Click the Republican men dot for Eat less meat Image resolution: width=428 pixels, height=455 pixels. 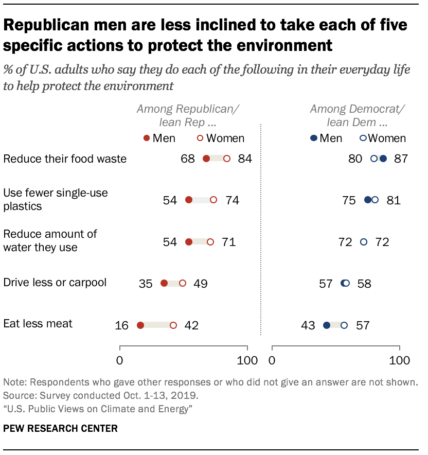coord(140,325)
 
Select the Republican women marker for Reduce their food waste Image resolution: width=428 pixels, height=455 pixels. coord(227,159)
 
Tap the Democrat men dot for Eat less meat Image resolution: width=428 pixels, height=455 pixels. coord(327,325)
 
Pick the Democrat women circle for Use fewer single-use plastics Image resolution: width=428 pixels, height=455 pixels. coord(375,200)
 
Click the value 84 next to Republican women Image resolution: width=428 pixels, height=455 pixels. coord(245,159)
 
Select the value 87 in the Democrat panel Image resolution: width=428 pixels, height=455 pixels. coord(401,159)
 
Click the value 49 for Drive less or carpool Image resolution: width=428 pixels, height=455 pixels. coord(200,284)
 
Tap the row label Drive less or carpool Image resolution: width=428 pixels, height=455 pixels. coord(55,283)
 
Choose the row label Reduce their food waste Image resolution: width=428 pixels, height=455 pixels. coord(65,159)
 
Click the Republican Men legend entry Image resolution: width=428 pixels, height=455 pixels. coord(159,138)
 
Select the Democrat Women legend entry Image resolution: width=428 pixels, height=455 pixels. coord(383,138)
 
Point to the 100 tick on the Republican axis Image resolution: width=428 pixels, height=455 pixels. coord(247,360)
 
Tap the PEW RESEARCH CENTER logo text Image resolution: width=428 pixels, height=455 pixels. coord(60,428)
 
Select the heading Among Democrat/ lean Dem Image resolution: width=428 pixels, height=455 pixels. coord(357,116)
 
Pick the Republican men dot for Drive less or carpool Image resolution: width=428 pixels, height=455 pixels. coord(164,283)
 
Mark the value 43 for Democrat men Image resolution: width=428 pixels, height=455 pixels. coord(308,325)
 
